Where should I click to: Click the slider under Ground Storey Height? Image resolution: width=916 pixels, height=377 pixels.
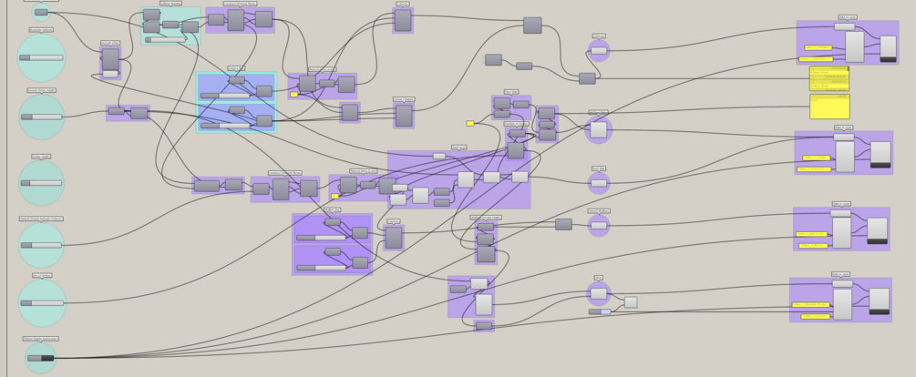[41, 117]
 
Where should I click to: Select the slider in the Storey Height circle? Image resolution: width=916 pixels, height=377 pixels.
[41, 182]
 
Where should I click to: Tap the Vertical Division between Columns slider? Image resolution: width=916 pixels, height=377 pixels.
[41, 245]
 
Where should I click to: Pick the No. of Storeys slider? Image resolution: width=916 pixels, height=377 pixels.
[42, 302]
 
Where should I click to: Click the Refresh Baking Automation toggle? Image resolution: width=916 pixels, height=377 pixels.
[41, 358]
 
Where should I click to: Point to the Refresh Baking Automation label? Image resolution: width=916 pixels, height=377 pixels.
[41, 339]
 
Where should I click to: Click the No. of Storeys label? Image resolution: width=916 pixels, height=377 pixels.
[42, 275]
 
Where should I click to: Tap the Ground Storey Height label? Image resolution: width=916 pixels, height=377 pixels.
[42, 90]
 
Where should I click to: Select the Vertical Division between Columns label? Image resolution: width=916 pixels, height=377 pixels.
[41, 219]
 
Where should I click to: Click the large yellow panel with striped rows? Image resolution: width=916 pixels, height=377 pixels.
[829, 78]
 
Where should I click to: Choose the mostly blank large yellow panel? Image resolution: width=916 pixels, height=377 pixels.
[829, 107]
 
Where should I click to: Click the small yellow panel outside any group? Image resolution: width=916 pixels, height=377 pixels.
[470, 123]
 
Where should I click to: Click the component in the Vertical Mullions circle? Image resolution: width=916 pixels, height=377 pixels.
[599, 223]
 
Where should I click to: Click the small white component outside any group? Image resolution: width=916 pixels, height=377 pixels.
[631, 302]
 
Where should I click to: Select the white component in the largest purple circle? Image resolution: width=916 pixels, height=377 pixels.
[598, 130]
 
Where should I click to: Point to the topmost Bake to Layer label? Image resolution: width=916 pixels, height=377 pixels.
[847, 16]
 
